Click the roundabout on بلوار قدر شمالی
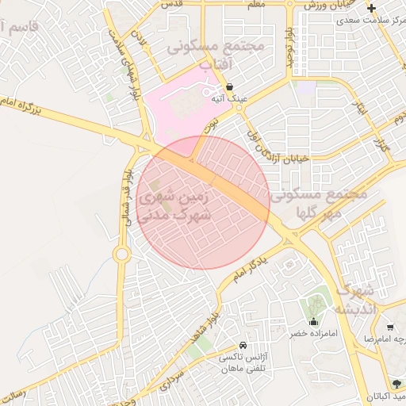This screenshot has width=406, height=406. [x=121, y=254]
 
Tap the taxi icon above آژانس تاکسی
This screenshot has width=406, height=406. [x=242, y=347]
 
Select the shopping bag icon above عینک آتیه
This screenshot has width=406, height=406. [x=229, y=87]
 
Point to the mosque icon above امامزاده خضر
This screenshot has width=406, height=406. [x=315, y=322]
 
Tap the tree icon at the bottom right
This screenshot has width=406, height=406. [x=396, y=384]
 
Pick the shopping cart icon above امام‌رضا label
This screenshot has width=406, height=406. [x=390, y=327]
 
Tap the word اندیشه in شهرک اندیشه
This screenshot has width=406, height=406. [x=359, y=308]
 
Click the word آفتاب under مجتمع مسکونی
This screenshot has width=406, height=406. [x=214, y=63]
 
